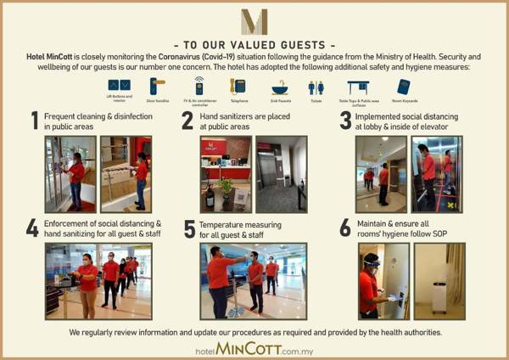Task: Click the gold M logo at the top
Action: coord(254,22)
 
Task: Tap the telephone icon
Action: coord(238,86)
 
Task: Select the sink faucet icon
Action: coord(279,87)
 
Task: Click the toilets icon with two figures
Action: coord(316,87)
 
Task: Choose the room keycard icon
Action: coord(403,86)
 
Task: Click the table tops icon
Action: coord(358,86)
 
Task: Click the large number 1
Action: coord(35,121)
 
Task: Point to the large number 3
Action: coord(344,120)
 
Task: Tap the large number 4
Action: coord(32,228)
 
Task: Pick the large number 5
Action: coord(189,228)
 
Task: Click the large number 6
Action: coord(344,228)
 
